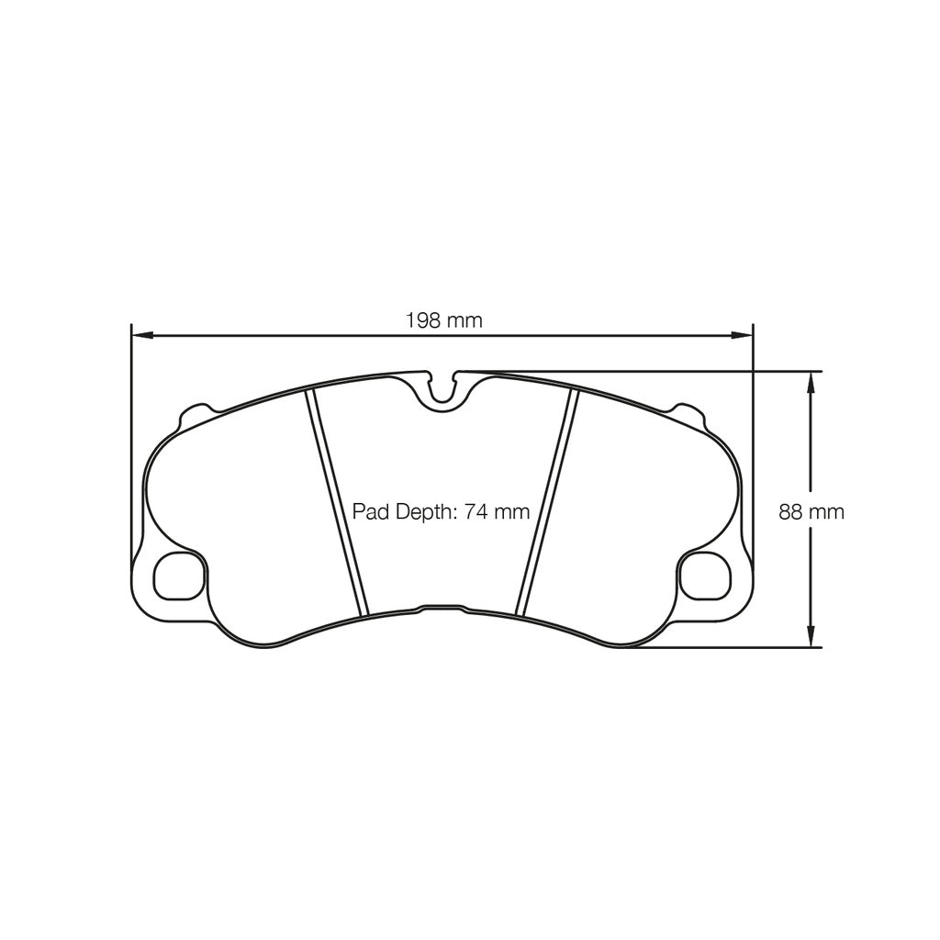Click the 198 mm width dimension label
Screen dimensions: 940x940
(443, 320)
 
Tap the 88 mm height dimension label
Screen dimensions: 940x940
(811, 512)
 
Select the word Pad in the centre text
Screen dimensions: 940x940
(372, 512)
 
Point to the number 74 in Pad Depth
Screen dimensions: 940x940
(476, 512)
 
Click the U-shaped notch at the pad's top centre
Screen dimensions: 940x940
(444, 391)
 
